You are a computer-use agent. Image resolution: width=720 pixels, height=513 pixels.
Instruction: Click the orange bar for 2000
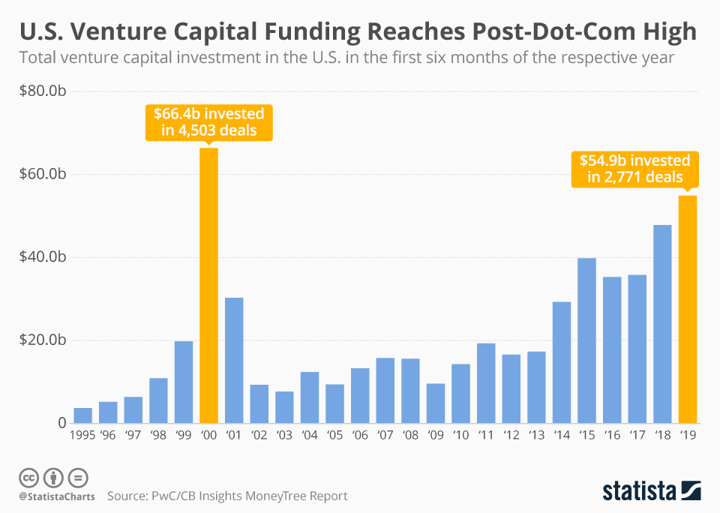click(x=208, y=286)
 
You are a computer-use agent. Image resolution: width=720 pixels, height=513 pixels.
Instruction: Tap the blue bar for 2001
click(x=234, y=360)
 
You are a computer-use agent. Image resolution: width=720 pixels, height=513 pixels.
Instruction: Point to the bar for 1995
click(x=82, y=415)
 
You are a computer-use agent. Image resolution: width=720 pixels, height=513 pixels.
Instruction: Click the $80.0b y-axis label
click(x=45, y=91)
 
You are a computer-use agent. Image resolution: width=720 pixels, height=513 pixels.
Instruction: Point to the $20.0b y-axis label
click(x=45, y=340)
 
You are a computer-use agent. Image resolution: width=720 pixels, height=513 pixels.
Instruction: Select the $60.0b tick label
click(x=45, y=175)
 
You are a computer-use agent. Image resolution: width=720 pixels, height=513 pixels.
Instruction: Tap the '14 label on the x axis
click(x=561, y=435)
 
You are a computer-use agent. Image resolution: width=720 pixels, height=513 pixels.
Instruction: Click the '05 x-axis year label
click(x=334, y=435)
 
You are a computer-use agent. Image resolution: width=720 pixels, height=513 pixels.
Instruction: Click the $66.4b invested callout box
click(x=208, y=122)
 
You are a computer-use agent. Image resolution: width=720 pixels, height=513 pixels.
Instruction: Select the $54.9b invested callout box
click(x=634, y=169)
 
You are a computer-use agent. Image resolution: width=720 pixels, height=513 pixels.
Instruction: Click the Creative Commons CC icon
click(x=29, y=478)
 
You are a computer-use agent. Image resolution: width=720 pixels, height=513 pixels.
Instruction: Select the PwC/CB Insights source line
click(x=227, y=496)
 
